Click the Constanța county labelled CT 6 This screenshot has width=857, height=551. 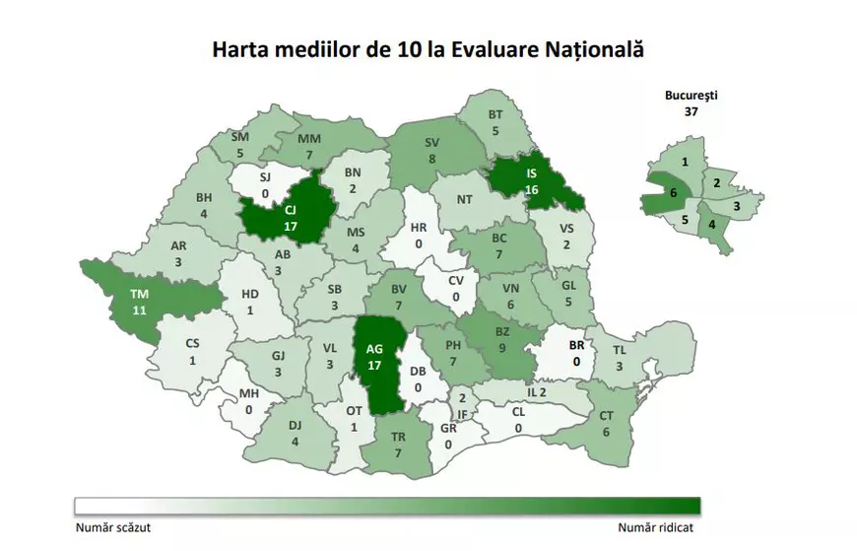(605, 424)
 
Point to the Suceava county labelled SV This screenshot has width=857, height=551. (431, 149)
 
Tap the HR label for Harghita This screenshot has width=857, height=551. (419, 228)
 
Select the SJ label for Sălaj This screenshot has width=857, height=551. (264, 177)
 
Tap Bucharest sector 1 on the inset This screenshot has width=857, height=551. (684, 161)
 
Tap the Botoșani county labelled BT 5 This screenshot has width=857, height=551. (495, 122)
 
